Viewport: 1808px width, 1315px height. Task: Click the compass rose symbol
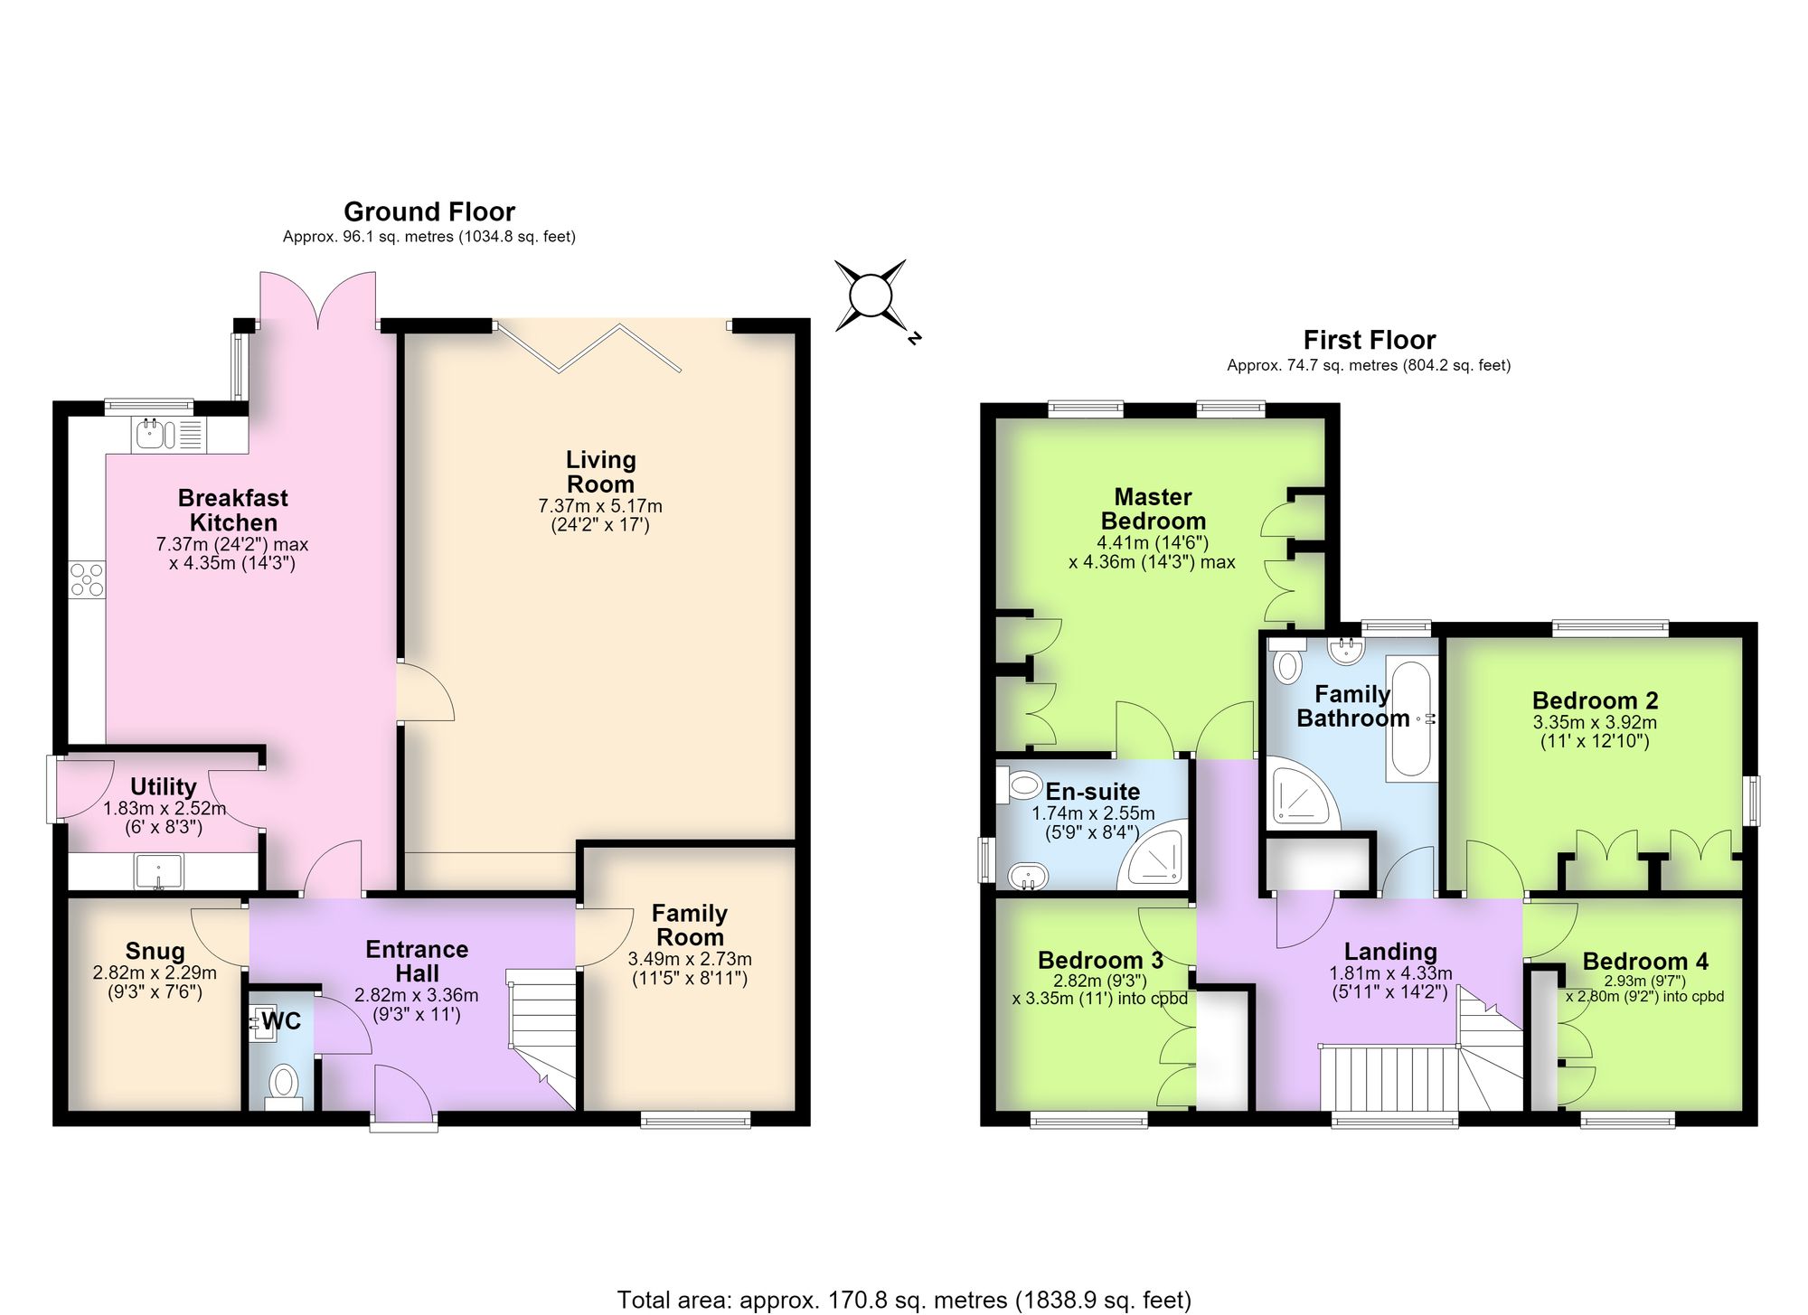point(871,296)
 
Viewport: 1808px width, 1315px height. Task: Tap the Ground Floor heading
point(429,211)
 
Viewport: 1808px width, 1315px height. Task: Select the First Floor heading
point(1370,340)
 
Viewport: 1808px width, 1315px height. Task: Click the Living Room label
point(601,472)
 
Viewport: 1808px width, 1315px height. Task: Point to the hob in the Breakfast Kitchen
point(88,579)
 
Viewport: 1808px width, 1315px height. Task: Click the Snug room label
point(155,951)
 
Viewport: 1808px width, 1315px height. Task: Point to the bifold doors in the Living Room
point(588,348)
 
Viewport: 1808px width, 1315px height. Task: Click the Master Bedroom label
point(1153,509)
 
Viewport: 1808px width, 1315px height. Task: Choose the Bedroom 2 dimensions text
point(1596,732)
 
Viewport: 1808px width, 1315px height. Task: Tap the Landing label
point(1390,951)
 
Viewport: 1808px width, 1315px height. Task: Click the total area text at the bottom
point(904,1300)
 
